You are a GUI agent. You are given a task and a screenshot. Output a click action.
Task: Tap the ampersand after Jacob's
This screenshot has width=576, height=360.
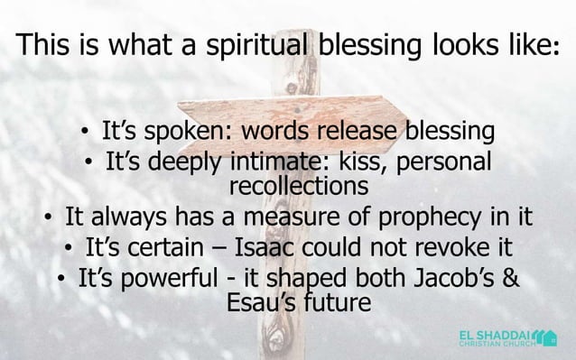tap(509, 276)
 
